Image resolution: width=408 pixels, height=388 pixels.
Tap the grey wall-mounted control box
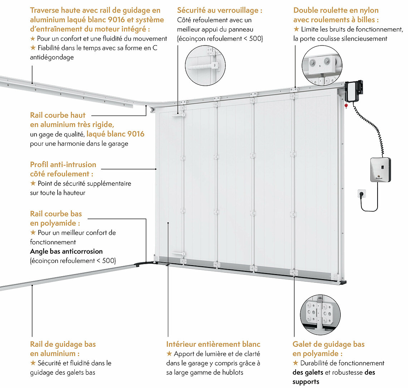coord(379,169)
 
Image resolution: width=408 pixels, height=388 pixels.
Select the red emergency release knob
coord(346,106)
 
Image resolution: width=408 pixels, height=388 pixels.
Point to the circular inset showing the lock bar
coord(205,66)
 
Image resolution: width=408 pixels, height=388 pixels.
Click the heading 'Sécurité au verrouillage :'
coord(219,10)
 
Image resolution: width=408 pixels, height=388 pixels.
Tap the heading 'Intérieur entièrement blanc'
coord(213,344)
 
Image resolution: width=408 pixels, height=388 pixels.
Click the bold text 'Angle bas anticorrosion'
coord(66,251)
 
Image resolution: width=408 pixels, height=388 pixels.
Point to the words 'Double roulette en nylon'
coord(336,10)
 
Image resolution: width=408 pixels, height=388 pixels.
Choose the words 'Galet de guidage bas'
coord(328,344)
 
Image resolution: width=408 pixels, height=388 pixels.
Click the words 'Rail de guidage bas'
coord(63,344)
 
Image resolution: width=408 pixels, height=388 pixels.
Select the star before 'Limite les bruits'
coord(296,29)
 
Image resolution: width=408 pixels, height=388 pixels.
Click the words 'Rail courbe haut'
coord(58,115)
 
